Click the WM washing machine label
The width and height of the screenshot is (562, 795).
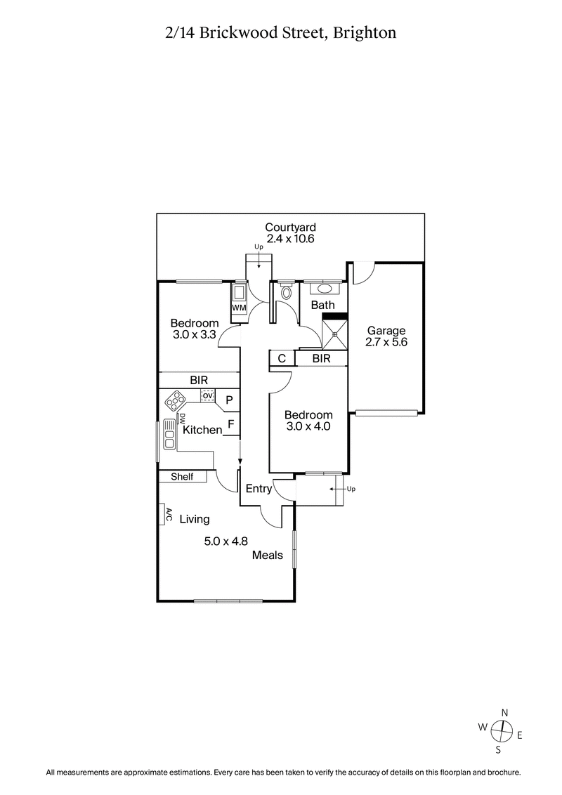tap(238, 308)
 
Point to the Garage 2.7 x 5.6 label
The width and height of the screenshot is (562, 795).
tap(386, 336)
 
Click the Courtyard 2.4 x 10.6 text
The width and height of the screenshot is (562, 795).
tap(290, 232)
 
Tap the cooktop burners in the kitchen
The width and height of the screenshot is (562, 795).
tap(174, 402)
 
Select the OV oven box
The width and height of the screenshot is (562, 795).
tap(207, 396)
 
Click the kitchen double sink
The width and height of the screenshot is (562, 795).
tap(169, 434)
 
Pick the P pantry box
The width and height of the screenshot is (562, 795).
tap(229, 400)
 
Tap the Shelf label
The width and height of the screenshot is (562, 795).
tap(181, 477)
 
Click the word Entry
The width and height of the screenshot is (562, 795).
tap(258, 489)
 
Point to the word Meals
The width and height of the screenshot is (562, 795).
tap(268, 555)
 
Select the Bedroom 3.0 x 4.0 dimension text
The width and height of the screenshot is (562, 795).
tap(308, 426)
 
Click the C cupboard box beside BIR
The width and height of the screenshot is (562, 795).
tap(281, 359)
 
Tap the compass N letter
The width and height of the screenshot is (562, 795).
tap(503, 712)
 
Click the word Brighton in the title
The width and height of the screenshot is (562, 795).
tap(366, 32)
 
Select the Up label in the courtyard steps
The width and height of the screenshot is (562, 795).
tap(259, 247)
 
